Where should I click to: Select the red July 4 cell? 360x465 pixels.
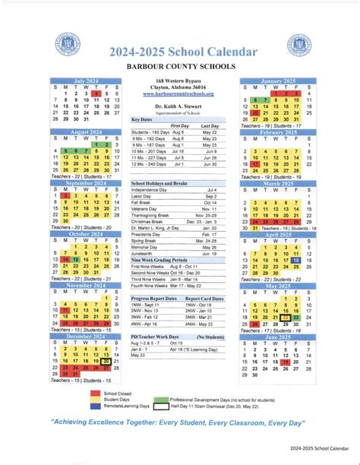(98, 93)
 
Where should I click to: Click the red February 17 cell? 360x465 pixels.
(256, 163)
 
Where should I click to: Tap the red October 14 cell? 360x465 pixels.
(67, 260)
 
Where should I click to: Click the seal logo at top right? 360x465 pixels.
(300, 46)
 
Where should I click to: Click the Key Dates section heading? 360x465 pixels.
(142, 119)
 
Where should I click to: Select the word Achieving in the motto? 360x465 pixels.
(76, 422)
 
